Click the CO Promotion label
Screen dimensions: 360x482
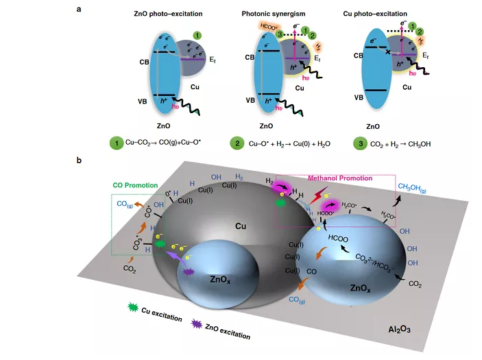pos(136,185)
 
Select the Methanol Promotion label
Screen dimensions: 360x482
pos(341,178)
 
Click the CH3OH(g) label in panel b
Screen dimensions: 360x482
pos(411,187)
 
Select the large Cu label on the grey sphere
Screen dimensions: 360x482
pos(240,224)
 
